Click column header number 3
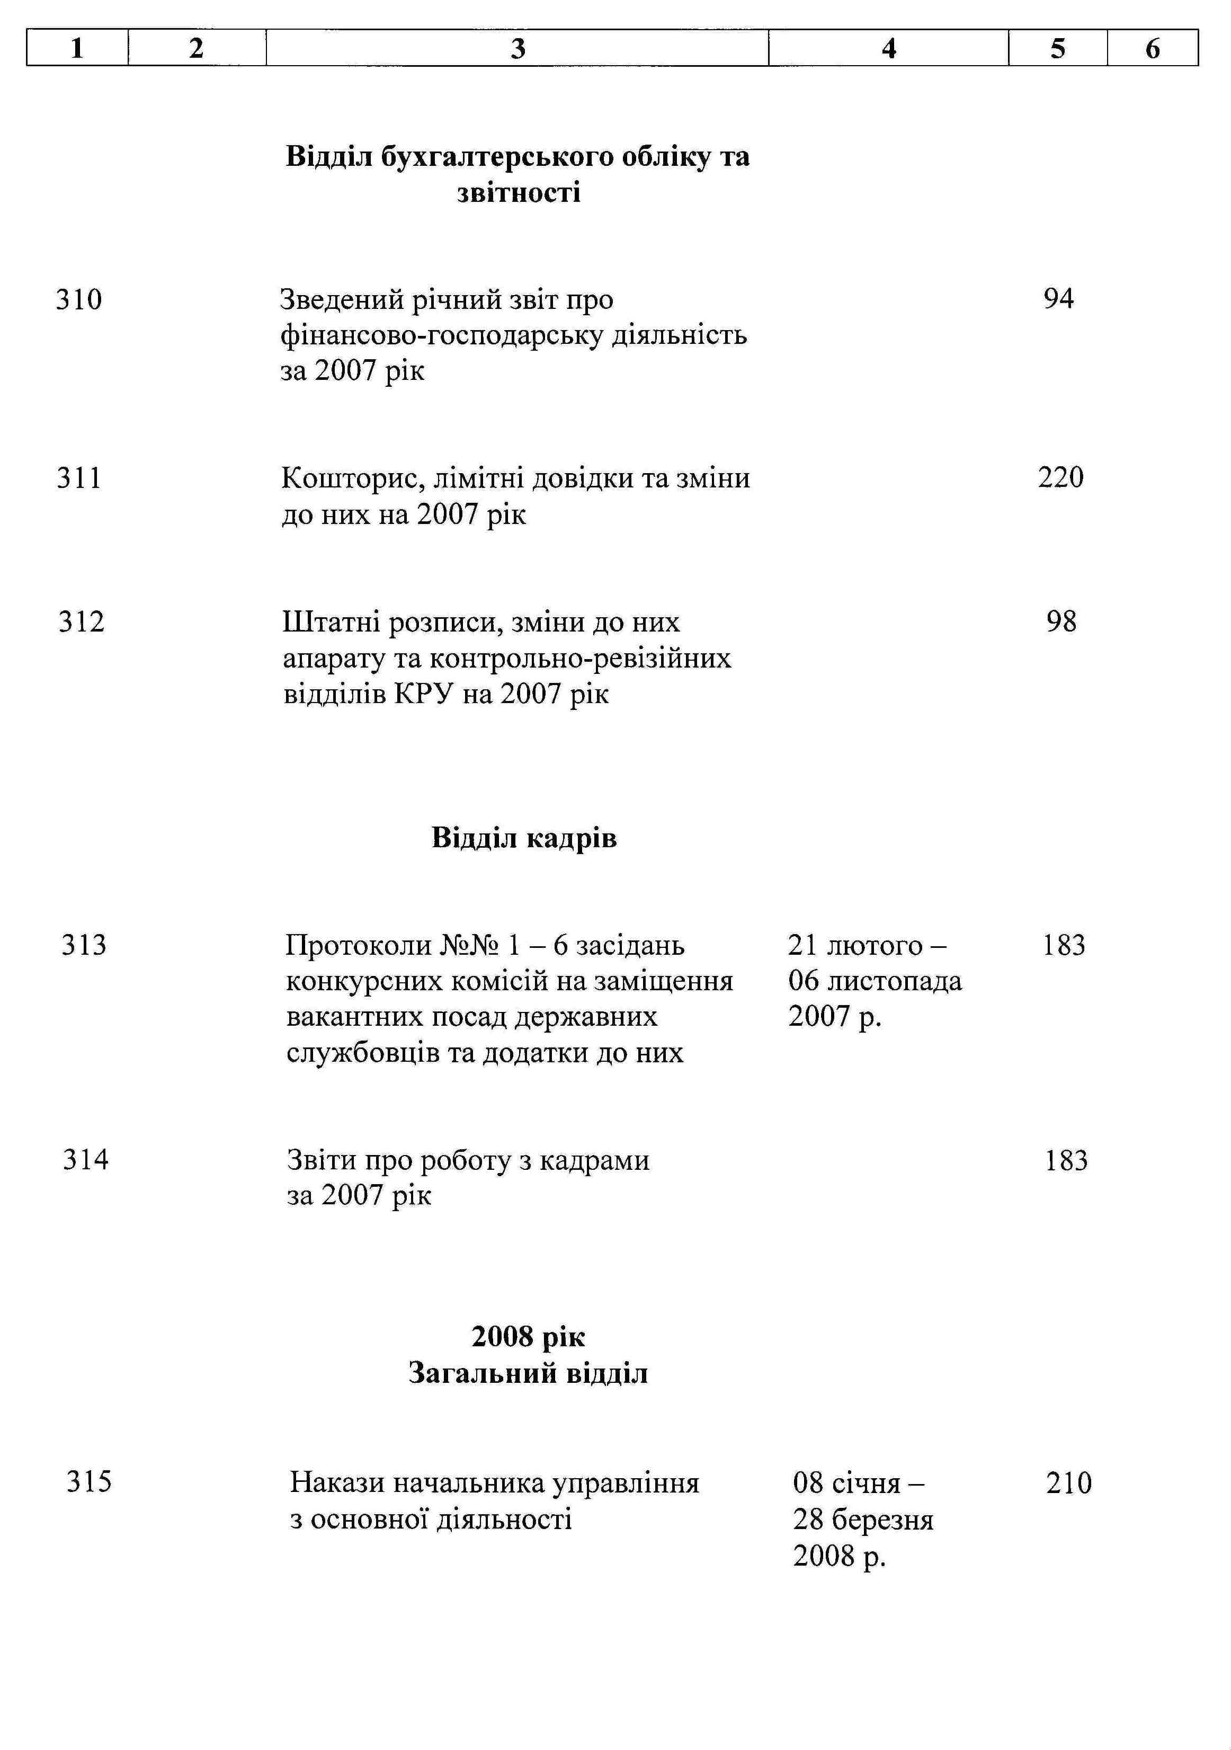(x=518, y=49)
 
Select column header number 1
(x=77, y=49)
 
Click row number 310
(x=78, y=299)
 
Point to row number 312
(x=81, y=622)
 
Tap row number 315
(x=89, y=1482)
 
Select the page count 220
(x=1060, y=478)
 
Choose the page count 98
(x=1061, y=622)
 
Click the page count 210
(x=1068, y=1483)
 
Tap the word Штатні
(x=330, y=623)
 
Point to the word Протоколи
(x=358, y=946)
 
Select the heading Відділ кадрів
(x=524, y=838)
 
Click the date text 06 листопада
(x=875, y=981)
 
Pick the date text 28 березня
(x=863, y=1520)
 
